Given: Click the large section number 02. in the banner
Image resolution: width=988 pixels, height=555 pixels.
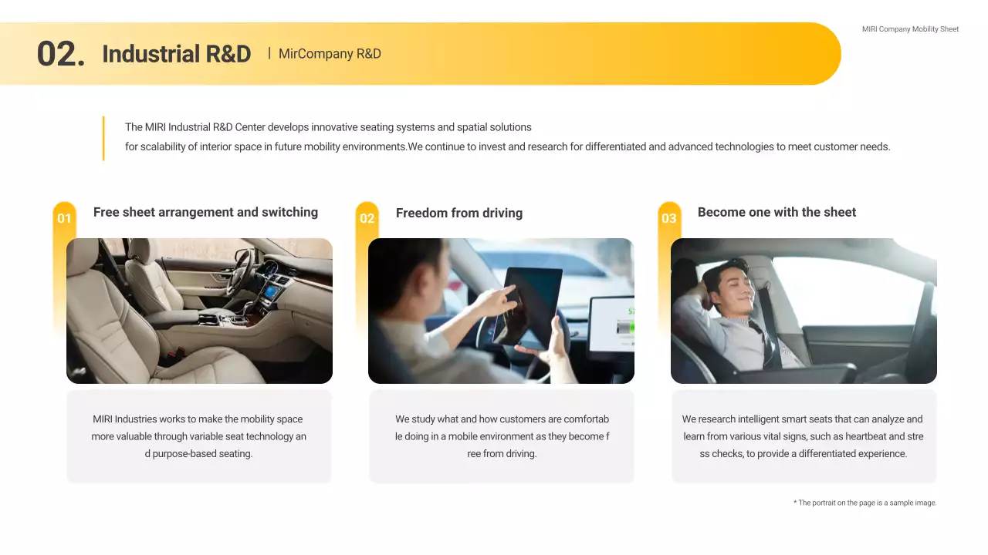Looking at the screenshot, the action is pos(61,54).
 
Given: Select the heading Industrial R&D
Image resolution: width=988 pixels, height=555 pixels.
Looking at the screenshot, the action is pos(177,54).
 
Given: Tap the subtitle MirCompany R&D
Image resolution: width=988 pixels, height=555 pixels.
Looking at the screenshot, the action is pos(330,54).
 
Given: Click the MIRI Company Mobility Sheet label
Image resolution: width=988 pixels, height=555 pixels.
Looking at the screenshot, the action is pos(910,29).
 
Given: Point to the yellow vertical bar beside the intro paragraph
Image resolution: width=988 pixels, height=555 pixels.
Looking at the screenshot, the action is pos(103,138).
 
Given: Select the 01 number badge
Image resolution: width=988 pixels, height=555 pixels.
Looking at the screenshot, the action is pos(64,218).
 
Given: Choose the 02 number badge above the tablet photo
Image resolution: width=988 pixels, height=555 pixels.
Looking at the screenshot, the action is pos(367,218).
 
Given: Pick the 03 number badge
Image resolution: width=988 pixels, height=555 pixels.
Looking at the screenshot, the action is pos(668,218).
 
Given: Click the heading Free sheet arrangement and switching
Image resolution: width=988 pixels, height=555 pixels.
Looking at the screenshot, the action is pos(205,212).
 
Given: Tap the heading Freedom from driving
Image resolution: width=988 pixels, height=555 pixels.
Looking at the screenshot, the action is pos(459,214).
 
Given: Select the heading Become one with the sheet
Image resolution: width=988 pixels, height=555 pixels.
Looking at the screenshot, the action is pos(777,212).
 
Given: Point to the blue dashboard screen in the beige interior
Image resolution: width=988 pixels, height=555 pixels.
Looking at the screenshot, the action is pos(270,291).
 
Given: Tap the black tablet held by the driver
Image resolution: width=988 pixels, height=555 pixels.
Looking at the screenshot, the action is pos(530,304).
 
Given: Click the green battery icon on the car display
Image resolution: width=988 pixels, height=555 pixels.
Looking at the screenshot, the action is pos(625,327).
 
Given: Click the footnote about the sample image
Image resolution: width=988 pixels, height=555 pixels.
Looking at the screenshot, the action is pos(865,503).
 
